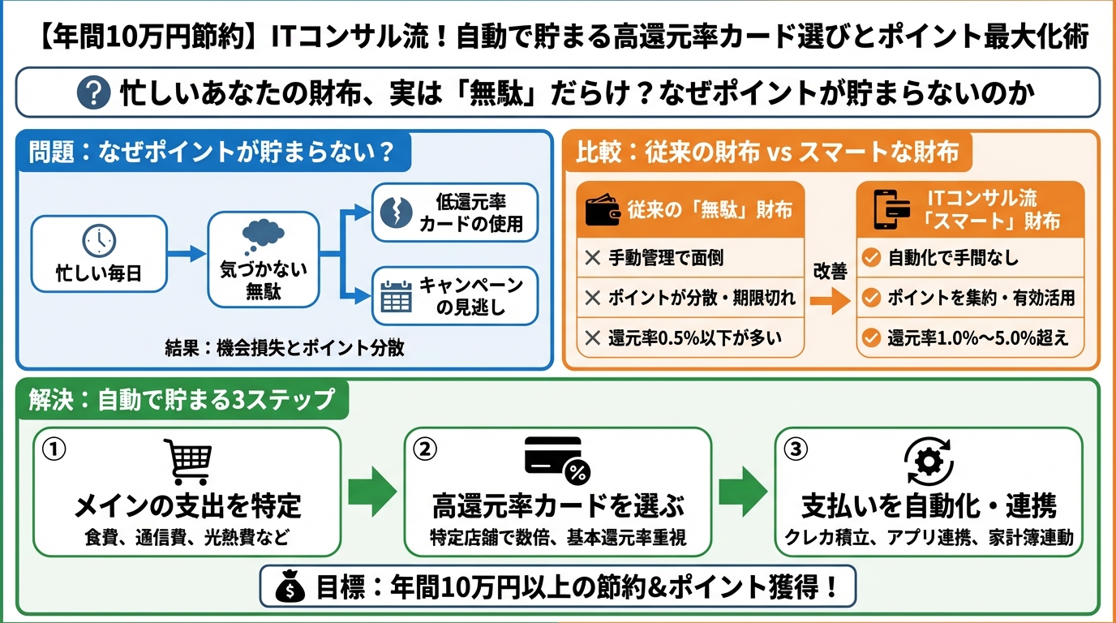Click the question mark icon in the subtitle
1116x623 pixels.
[x=93, y=93]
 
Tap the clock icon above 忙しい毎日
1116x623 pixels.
[x=99, y=240]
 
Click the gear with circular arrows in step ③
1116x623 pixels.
[x=929, y=460]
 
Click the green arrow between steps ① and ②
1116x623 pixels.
[x=372, y=492]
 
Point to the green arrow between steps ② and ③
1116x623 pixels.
[x=743, y=492]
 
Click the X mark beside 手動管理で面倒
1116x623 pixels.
[x=593, y=259]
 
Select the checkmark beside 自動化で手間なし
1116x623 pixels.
[x=871, y=259]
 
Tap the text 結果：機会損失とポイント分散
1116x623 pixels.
[x=284, y=349]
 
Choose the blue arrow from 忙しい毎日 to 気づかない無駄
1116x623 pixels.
[x=187, y=254]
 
